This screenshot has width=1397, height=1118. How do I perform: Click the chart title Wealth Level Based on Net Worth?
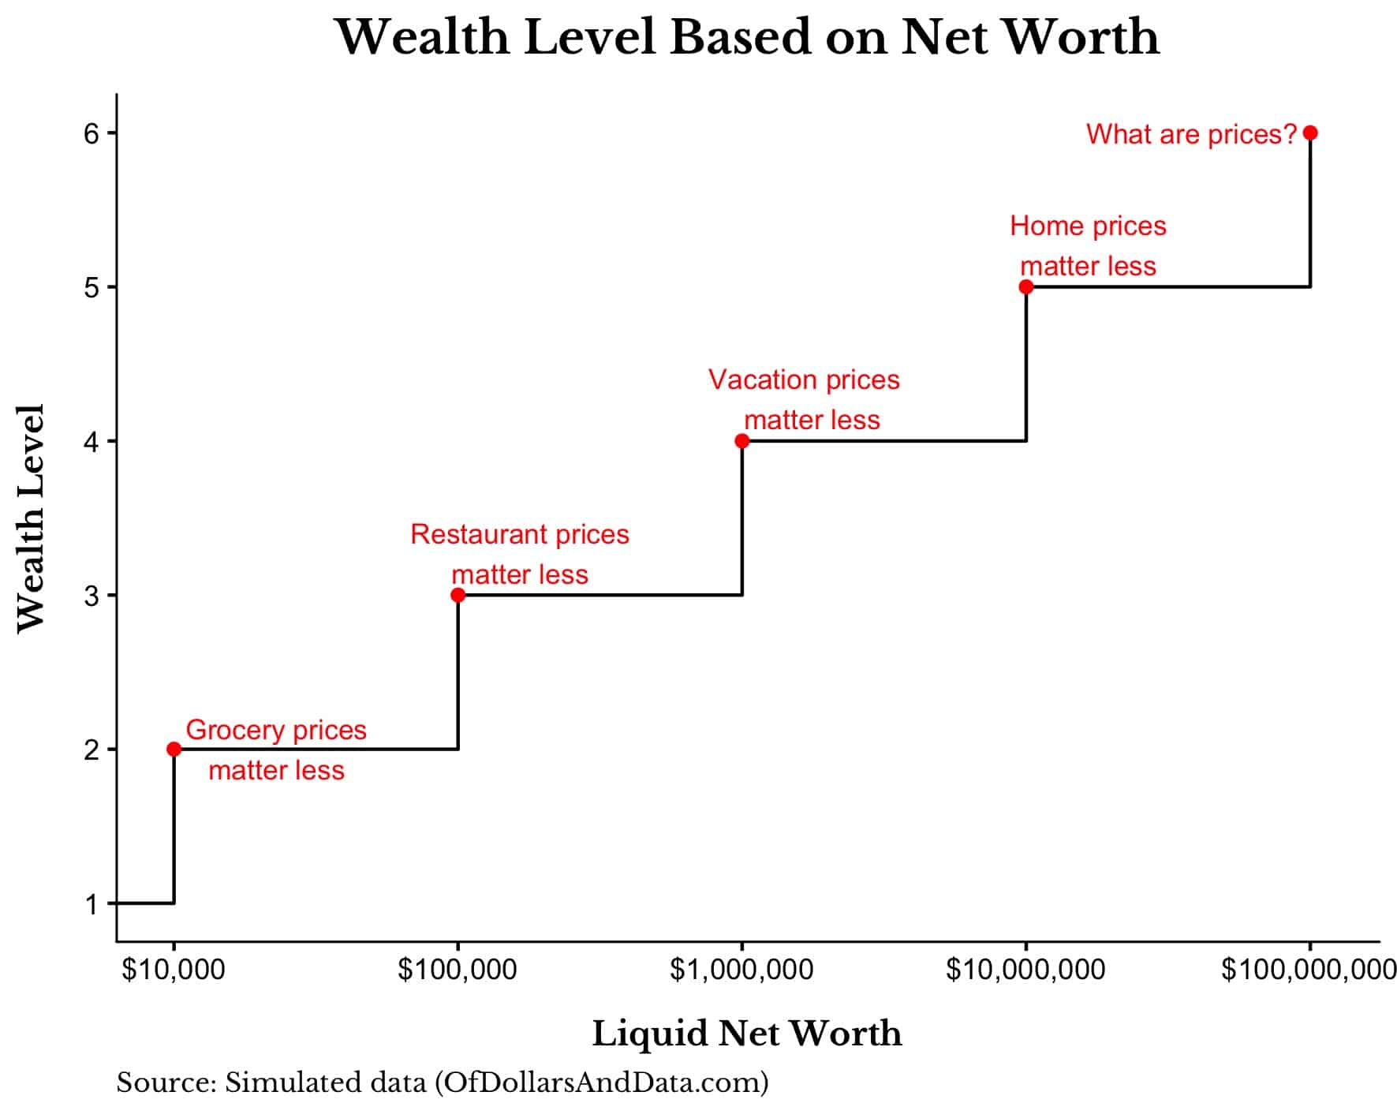(x=747, y=37)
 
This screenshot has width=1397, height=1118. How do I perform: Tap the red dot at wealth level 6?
(x=1310, y=133)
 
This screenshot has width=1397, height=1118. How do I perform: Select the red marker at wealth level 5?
(x=1025, y=287)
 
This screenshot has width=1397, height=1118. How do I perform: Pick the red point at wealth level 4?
(x=741, y=441)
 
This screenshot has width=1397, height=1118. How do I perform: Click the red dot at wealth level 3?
(x=458, y=595)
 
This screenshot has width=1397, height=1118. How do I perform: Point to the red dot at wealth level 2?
(x=174, y=749)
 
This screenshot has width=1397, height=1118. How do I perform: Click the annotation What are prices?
(x=1191, y=134)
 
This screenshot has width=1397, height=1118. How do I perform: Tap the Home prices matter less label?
(x=1088, y=245)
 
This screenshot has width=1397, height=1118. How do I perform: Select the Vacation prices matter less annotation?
(x=804, y=399)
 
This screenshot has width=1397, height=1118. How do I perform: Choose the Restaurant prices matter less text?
(x=520, y=554)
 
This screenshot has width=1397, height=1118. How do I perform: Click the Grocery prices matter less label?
(x=276, y=750)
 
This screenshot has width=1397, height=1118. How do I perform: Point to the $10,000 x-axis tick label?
(x=174, y=970)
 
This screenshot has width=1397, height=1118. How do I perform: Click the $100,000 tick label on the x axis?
(x=458, y=970)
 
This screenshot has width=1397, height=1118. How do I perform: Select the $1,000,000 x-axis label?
(x=741, y=970)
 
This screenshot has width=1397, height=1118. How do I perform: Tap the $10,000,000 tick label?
(x=1025, y=970)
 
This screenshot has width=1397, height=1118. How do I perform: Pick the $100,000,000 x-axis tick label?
(x=1309, y=970)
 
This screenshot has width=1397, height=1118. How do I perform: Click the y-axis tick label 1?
(x=92, y=904)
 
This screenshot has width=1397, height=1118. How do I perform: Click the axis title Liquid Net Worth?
(x=747, y=1034)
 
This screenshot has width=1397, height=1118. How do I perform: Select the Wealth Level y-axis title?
(x=32, y=518)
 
